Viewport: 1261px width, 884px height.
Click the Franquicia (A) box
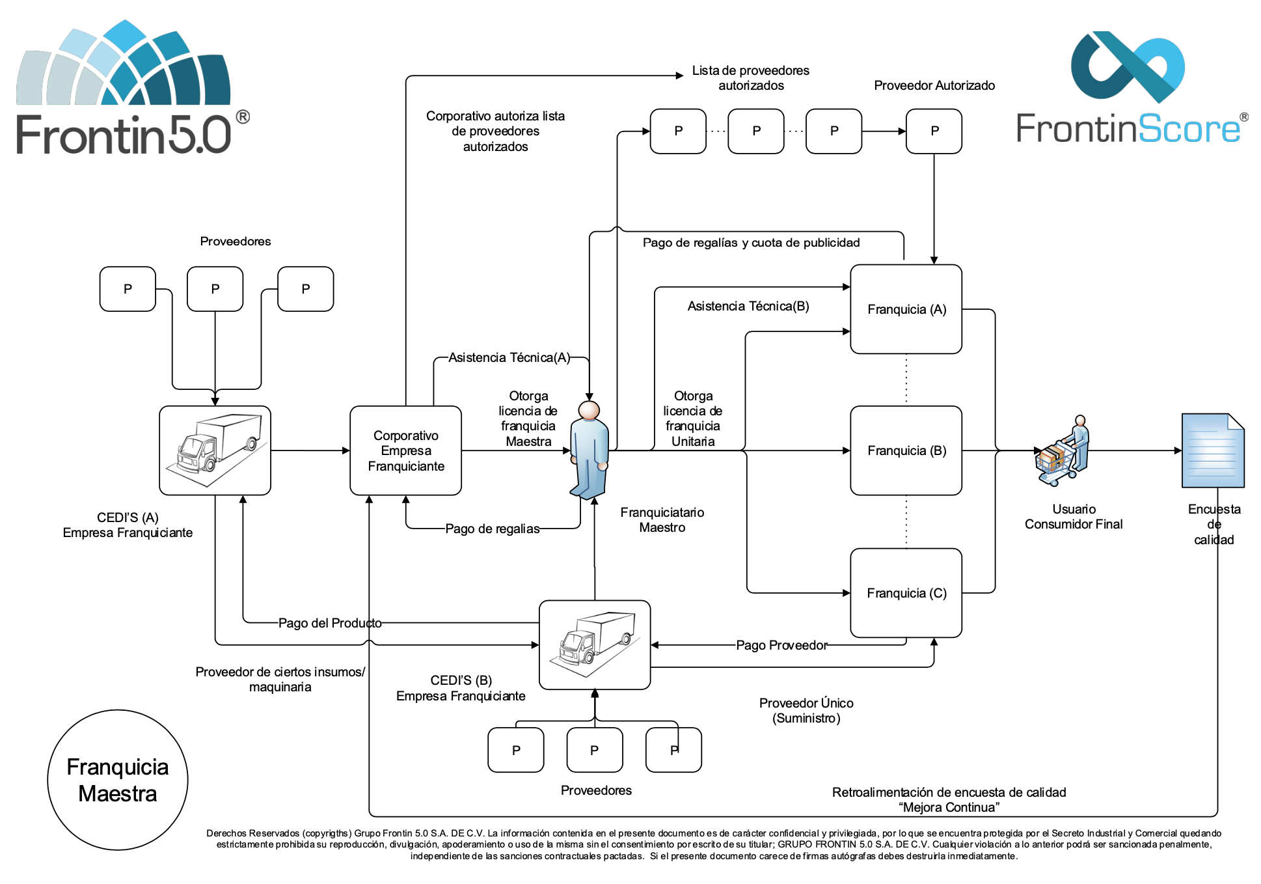click(906, 309)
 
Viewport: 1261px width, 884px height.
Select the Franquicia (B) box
click(906, 450)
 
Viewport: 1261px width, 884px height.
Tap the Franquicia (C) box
click(906, 593)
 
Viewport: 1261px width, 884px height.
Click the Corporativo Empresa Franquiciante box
click(405, 450)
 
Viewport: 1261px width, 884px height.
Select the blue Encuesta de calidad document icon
click(1212, 450)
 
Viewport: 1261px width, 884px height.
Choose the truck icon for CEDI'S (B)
click(594, 644)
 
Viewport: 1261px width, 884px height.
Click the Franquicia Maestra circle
click(118, 780)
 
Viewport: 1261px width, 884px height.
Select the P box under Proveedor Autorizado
click(934, 131)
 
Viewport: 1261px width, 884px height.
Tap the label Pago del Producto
click(330, 623)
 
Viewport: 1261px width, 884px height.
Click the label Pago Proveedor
click(781, 645)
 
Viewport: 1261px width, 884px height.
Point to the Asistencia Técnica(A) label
click(509, 357)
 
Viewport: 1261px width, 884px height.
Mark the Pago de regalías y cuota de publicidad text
click(751, 243)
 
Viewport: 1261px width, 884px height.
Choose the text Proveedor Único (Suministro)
click(806, 710)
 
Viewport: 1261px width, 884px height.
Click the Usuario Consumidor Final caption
click(1074, 517)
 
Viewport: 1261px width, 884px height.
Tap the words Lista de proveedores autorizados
click(751, 78)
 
